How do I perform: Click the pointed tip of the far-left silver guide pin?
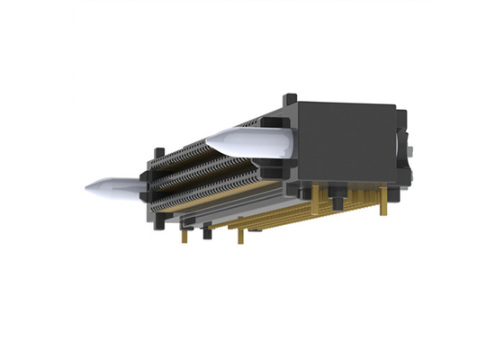(x=88, y=188)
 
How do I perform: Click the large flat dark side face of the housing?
(x=346, y=144)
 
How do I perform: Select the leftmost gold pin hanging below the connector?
(x=184, y=235)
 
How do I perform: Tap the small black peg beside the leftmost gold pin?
(x=206, y=232)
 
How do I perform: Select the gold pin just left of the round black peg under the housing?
(x=319, y=200)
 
